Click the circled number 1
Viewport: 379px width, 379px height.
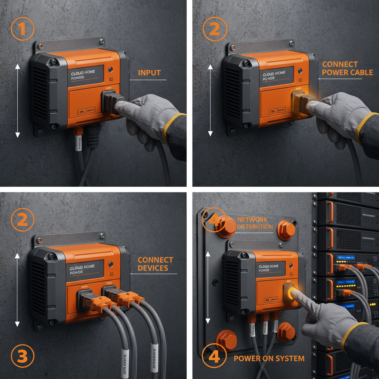coord(23,29)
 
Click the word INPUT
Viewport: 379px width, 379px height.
coord(150,73)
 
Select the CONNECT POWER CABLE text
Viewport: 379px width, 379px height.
coord(347,68)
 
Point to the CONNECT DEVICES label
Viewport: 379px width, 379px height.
coord(155,264)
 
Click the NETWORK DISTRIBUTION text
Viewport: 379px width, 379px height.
coord(255,223)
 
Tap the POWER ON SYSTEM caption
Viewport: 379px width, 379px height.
coord(269,358)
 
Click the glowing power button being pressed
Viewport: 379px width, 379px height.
coord(290,292)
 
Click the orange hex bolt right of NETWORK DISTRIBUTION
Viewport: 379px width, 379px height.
coord(286,229)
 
